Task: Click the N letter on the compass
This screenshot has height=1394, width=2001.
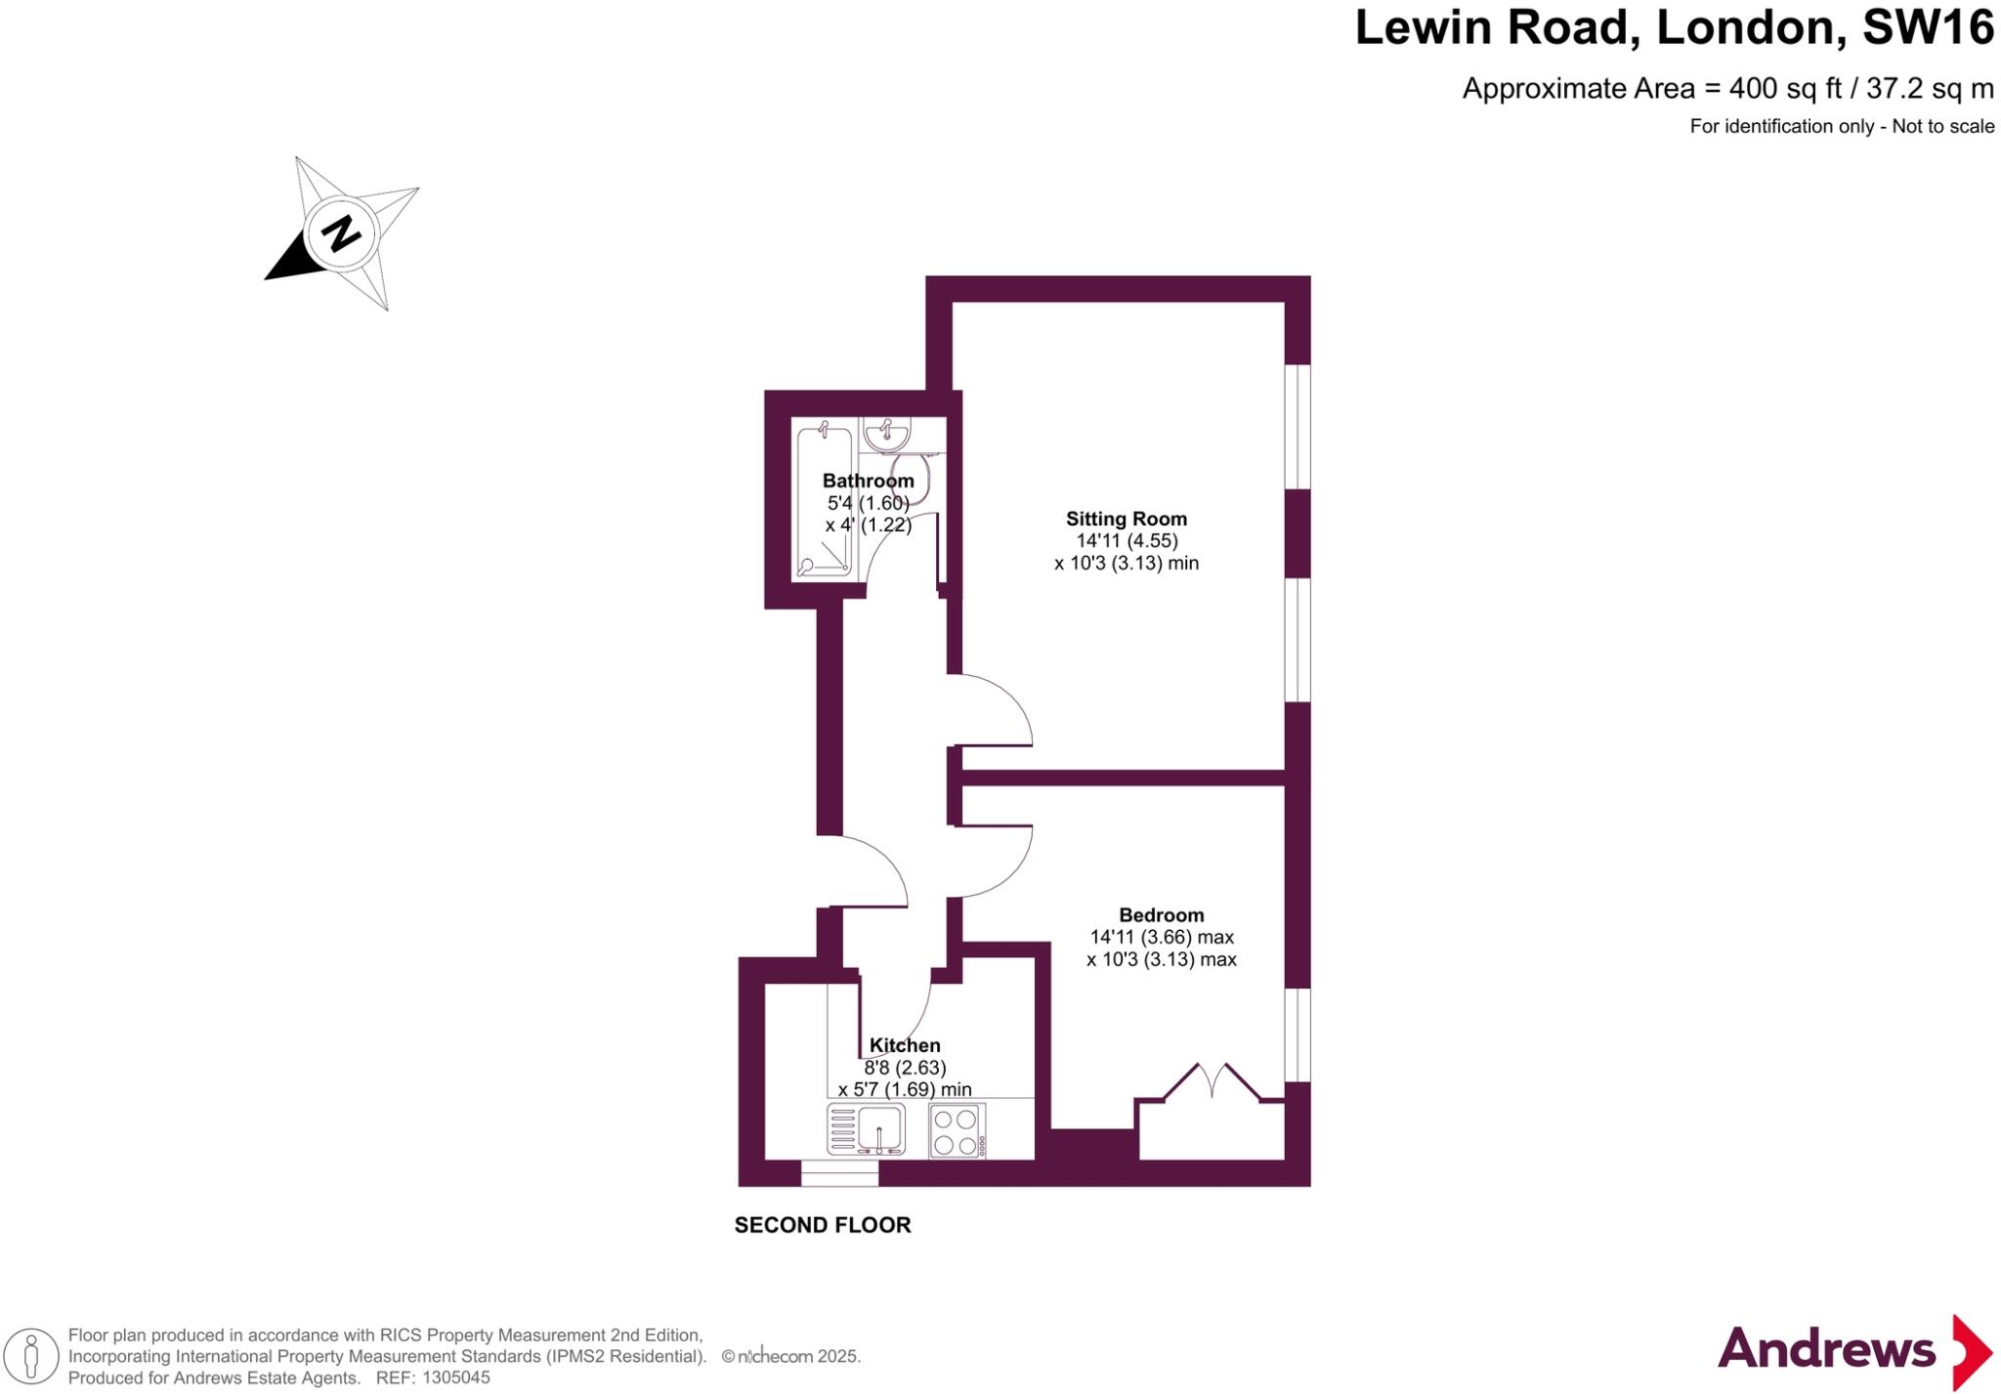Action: (x=341, y=233)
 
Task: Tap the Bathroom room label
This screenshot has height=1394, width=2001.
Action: (x=868, y=481)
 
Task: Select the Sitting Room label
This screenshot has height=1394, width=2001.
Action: (x=1126, y=519)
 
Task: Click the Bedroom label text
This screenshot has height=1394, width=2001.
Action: (x=1161, y=915)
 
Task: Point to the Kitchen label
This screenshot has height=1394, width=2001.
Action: (x=905, y=1045)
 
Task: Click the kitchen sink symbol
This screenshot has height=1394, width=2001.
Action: (x=867, y=1129)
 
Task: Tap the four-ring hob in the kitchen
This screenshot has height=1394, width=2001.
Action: (x=957, y=1131)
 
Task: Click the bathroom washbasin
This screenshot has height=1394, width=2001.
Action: (x=886, y=433)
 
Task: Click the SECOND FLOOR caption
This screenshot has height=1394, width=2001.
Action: (x=823, y=1225)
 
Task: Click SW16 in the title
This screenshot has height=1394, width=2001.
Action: (x=1927, y=27)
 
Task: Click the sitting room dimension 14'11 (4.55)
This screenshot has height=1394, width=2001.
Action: (x=1127, y=541)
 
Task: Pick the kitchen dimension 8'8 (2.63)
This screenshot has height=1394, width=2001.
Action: (x=905, y=1068)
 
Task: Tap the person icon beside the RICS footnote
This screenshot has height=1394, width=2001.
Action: (x=31, y=1357)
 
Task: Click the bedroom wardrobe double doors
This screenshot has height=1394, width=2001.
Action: (x=1211, y=1081)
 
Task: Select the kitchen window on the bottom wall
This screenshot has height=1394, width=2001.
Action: (x=839, y=1173)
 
